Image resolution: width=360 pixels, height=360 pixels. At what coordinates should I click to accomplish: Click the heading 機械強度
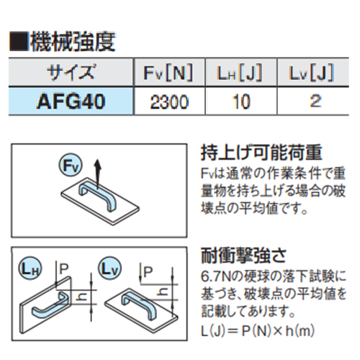pyautogui.click(x=73, y=42)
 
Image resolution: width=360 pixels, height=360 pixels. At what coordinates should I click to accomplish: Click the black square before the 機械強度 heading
pyautogui.click(x=19, y=42)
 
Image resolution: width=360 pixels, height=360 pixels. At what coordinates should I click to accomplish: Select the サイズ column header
pyautogui.click(x=71, y=72)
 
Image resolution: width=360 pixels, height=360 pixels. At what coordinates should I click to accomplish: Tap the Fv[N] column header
pyautogui.click(x=168, y=72)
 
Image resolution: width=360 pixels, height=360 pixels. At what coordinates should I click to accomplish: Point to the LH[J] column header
pyautogui.click(x=240, y=72)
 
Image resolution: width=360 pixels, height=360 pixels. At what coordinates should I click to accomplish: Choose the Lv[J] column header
pyautogui.click(x=312, y=72)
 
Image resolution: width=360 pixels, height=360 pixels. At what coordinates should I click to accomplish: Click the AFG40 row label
pyautogui.click(x=71, y=102)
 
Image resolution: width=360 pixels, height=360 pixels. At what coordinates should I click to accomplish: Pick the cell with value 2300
pyautogui.click(x=169, y=102)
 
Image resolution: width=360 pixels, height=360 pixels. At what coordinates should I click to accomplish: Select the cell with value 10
pyautogui.click(x=241, y=102)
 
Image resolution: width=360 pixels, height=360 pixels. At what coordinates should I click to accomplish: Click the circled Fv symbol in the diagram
pyautogui.click(x=71, y=166)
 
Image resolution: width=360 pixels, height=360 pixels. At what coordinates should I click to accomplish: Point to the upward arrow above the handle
pyautogui.click(x=97, y=174)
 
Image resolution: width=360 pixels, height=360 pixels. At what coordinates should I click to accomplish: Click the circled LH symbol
pyautogui.click(x=30, y=269)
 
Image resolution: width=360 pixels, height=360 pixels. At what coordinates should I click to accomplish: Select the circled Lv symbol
pyautogui.click(x=109, y=269)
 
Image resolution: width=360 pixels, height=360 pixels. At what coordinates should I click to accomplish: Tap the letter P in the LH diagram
pyautogui.click(x=64, y=269)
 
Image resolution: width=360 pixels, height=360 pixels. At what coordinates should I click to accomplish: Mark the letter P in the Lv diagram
pyautogui.click(x=148, y=272)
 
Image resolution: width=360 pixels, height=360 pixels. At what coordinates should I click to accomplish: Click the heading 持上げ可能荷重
pyautogui.click(x=261, y=153)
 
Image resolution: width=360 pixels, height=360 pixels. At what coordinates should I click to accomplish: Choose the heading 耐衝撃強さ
pyautogui.click(x=243, y=256)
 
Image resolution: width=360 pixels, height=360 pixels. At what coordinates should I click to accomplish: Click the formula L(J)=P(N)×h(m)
pyautogui.click(x=258, y=331)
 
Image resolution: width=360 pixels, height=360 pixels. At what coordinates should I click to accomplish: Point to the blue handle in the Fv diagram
pyautogui.click(x=98, y=195)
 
